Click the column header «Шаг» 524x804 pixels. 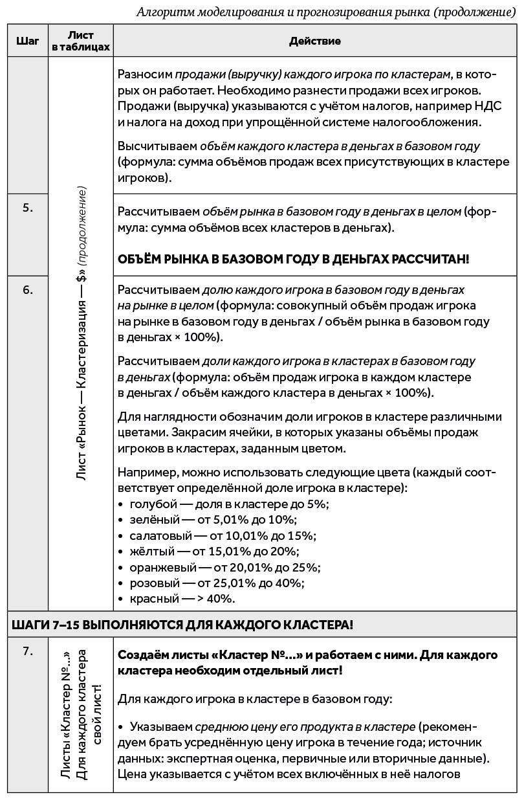[27, 41]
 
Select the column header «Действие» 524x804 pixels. [314, 41]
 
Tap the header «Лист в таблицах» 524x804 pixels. [81, 41]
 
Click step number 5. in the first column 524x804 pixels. [27, 208]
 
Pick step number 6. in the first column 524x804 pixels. [27, 290]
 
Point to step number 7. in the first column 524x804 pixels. [27, 651]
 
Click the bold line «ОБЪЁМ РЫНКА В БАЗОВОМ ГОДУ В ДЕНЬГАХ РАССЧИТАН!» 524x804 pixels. [293, 259]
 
